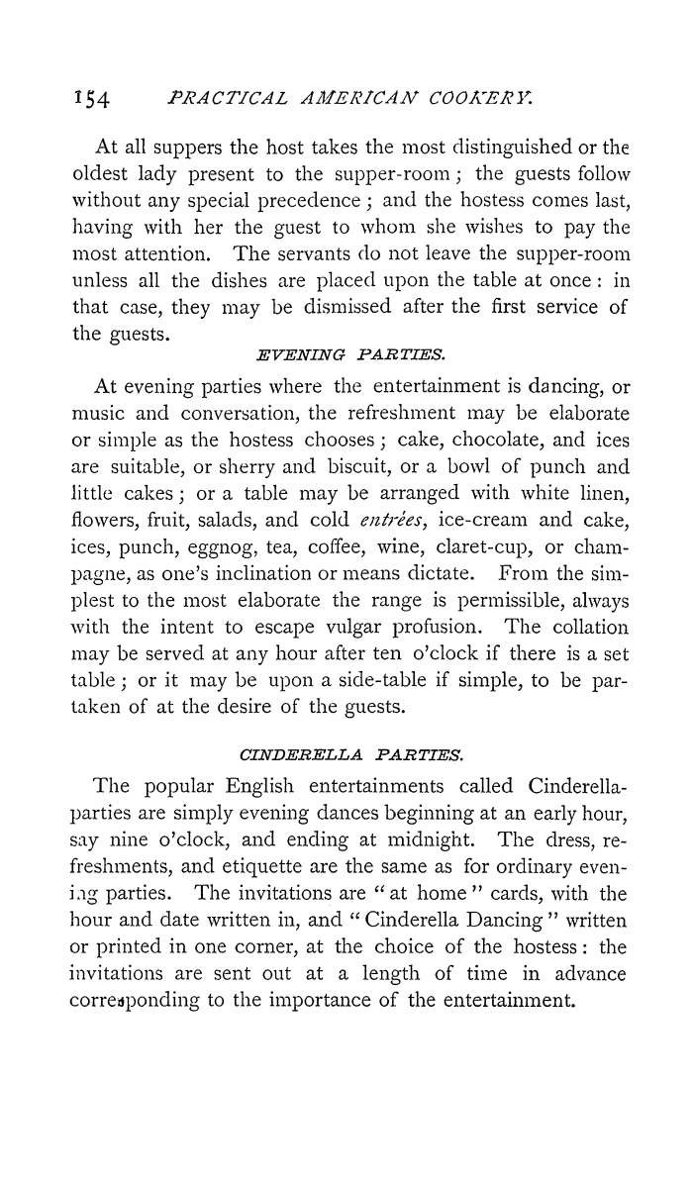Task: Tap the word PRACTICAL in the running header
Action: click(x=226, y=97)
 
